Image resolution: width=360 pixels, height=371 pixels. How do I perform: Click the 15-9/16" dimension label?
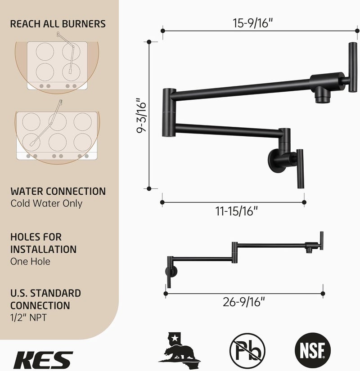[253, 23]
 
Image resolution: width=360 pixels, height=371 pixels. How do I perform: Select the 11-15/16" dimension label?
[236, 211]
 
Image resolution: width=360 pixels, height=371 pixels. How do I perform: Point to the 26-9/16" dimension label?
[244, 302]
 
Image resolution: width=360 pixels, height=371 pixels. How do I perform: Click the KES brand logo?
[43, 360]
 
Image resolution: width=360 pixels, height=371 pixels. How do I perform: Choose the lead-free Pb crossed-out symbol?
[247, 350]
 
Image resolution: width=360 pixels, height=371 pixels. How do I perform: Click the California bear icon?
[179, 348]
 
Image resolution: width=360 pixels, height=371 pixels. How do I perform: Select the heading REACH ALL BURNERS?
[58, 24]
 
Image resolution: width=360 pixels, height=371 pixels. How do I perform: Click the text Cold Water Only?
[46, 203]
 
